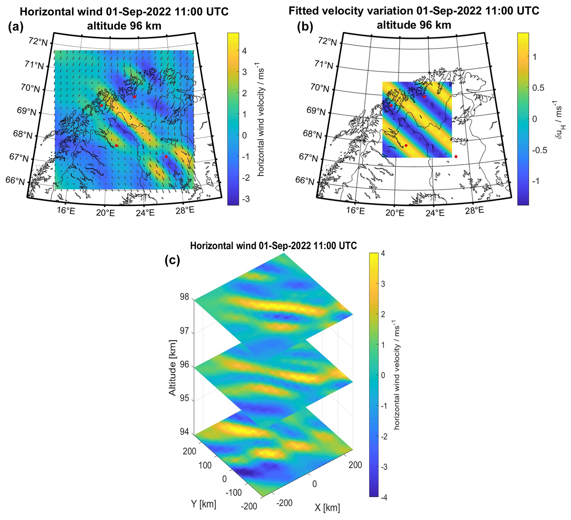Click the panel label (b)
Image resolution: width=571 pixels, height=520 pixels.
(305, 27)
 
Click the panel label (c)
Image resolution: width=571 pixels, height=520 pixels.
(172, 261)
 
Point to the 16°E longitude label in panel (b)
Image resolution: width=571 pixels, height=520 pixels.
(356, 211)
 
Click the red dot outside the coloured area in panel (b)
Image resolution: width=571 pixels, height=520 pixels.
(456, 156)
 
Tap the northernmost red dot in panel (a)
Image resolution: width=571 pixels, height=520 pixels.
(135, 97)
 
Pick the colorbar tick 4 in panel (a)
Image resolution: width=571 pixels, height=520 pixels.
(244, 51)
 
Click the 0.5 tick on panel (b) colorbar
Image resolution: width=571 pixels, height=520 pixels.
(538, 88)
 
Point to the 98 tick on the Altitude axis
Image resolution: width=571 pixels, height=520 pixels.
(184, 297)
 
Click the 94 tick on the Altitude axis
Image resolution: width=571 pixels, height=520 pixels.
(184, 432)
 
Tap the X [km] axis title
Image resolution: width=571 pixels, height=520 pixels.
(327, 508)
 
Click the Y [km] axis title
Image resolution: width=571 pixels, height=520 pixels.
(203, 504)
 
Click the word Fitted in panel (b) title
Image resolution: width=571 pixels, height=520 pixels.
(306, 11)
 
